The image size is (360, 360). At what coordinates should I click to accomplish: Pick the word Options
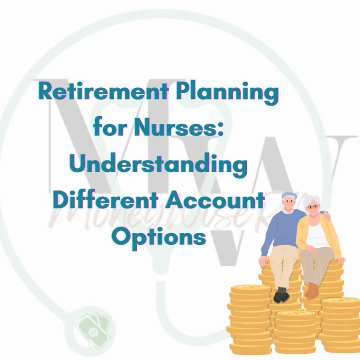coord(159,236)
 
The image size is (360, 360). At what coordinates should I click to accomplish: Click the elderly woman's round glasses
coord(312,207)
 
